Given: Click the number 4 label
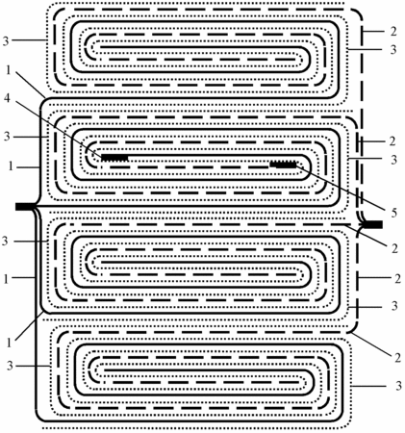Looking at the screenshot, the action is click(7, 98).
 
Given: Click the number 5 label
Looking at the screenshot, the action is click(394, 213).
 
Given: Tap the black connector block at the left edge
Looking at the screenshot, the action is click(25, 207).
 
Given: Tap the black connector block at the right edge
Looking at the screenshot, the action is click(373, 224).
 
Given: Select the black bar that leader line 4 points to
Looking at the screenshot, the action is click(114, 158).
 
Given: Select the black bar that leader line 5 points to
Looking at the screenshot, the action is click(283, 165).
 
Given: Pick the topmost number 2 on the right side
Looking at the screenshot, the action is click(393, 31).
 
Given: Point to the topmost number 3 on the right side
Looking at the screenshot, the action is click(393, 49).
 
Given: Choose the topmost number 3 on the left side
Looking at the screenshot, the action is click(6, 41).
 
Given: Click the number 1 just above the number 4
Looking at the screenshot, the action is click(9, 71).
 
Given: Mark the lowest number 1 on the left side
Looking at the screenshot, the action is click(9, 343).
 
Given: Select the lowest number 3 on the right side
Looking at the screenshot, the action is click(398, 386).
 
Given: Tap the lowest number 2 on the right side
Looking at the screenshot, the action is click(397, 357).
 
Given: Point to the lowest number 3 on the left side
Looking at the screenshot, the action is click(10, 366).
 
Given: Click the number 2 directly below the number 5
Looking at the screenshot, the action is click(394, 248).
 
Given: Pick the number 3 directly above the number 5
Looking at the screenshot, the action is click(394, 160).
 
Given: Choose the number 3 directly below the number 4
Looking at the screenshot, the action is click(7, 137).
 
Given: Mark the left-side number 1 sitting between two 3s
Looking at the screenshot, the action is click(11, 166).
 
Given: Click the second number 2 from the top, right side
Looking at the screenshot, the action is click(392, 141).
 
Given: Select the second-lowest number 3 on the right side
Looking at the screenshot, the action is click(394, 306).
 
